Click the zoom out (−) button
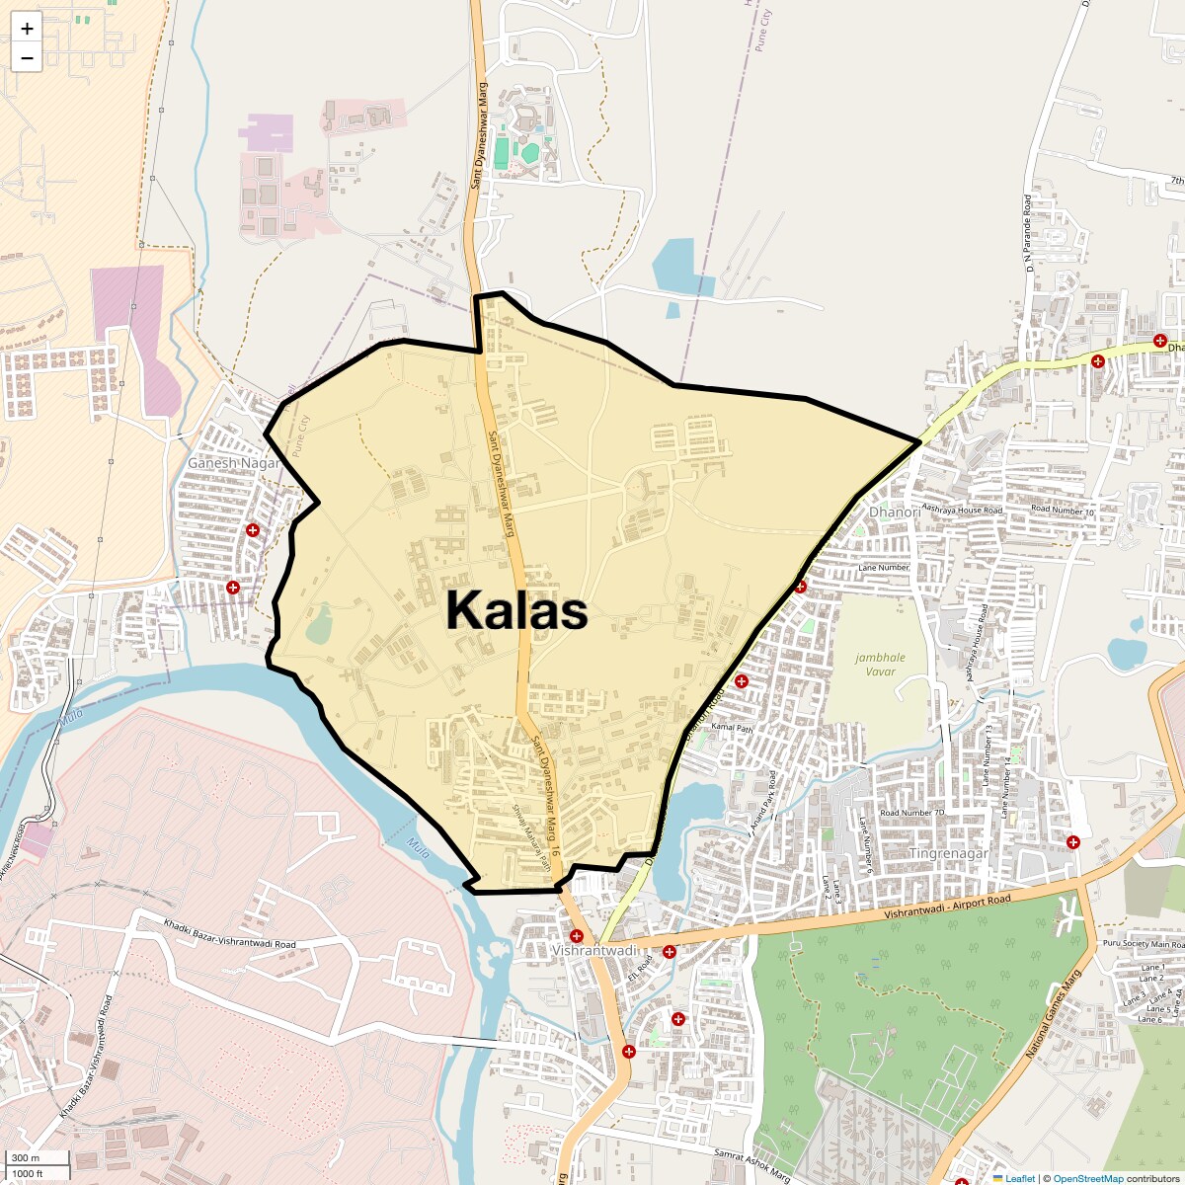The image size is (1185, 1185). (x=27, y=57)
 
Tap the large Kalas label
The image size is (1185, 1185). (x=516, y=610)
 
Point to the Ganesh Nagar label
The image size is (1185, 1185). (x=234, y=462)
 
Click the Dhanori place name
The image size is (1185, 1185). (x=895, y=513)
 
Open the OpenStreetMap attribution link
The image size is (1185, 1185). (x=1087, y=1178)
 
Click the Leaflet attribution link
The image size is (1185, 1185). (x=1020, y=1178)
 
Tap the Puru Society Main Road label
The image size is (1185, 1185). (x=1141, y=944)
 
